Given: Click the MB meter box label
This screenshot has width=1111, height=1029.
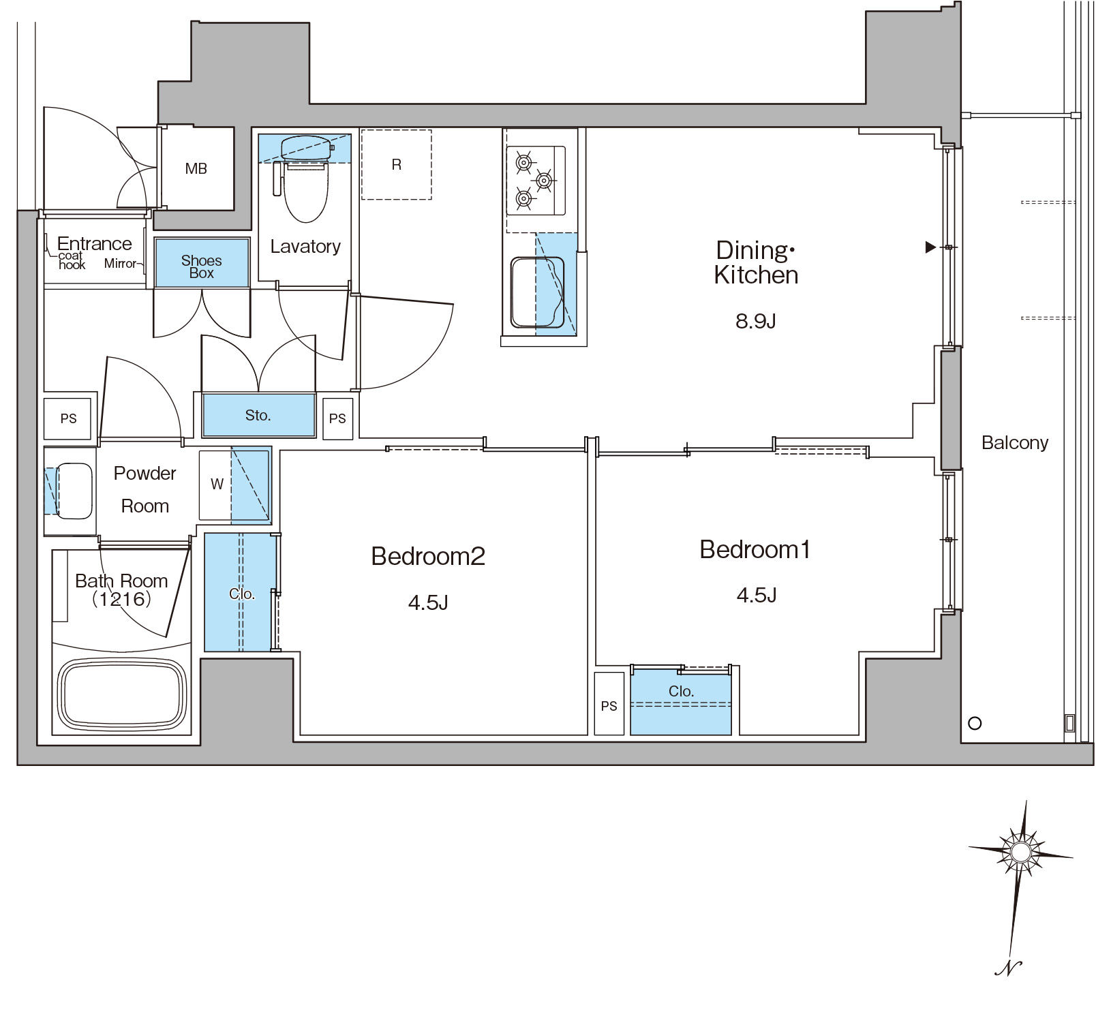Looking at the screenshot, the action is [x=196, y=168].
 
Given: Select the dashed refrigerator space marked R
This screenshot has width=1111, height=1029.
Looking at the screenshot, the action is [x=396, y=164].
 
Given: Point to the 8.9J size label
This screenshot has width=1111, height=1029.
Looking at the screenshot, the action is [x=756, y=321].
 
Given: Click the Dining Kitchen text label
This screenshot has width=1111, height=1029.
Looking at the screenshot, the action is [x=755, y=262].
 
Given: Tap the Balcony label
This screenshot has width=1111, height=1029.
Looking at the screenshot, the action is [x=1015, y=443].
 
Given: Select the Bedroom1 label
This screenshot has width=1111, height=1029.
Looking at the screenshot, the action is [x=755, y=549].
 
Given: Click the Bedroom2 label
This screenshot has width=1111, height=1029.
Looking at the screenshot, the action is [x=428, y=556].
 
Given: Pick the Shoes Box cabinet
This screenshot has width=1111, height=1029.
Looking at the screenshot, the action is [x=202, y=262].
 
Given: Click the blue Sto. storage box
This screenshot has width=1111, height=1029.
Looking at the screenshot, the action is [x=258, y=415].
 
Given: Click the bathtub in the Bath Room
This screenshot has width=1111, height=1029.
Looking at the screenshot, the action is [x=122, y=695].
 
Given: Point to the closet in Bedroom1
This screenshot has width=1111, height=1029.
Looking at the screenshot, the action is [x=681, y=701].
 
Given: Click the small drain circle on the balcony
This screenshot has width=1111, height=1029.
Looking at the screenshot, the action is [x=975, y=723].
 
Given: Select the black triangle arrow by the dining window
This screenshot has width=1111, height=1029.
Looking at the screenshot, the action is [x=930, y=247].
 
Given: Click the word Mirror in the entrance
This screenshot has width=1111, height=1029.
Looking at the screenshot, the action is [x=120, y=263].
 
